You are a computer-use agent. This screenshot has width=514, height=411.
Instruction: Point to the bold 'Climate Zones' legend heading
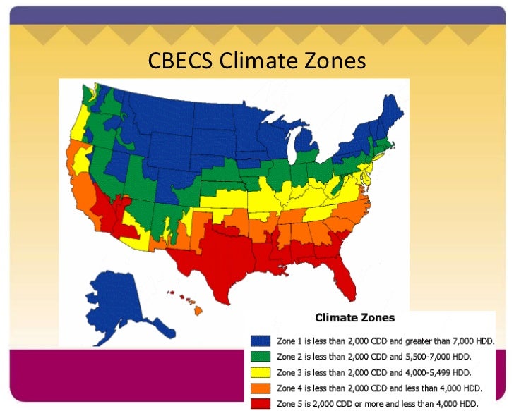354,317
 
